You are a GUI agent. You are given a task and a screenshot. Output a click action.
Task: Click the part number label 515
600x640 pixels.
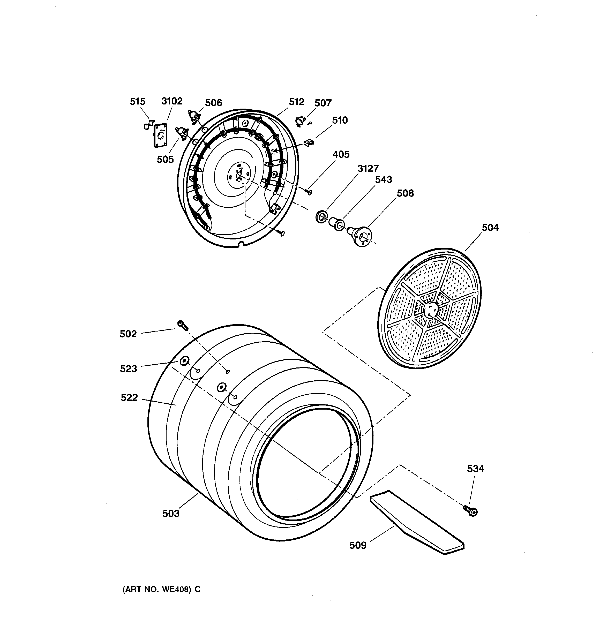coord(138,101)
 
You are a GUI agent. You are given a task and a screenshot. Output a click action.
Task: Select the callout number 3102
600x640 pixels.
coord(172,101)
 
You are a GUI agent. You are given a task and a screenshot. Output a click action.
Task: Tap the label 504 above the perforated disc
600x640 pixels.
coord(490,228)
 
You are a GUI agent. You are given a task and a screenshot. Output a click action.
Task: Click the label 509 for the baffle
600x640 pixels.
coord(358,545)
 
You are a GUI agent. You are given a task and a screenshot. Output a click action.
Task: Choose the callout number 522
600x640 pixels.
coord(129,398)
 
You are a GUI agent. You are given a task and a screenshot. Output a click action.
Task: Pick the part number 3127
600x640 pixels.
coord(368,168)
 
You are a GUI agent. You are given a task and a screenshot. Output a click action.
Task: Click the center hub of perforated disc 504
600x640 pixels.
coord(431,309)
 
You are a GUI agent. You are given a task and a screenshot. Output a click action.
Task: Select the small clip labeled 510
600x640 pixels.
coord(309,142)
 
